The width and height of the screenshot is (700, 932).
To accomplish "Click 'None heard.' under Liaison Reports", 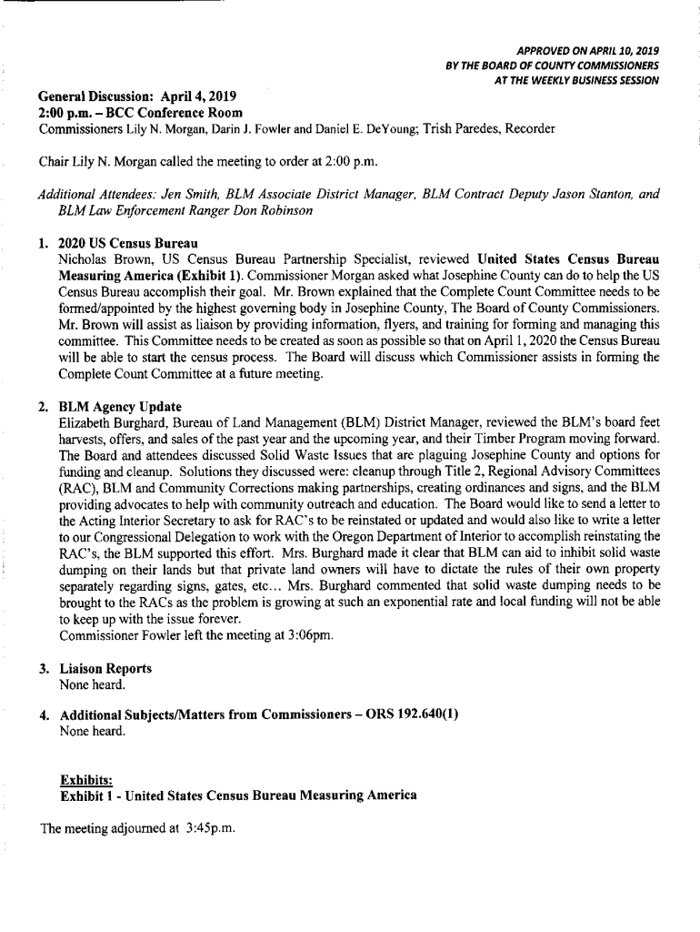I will coord(92,684).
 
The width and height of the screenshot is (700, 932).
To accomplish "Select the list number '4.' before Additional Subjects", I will coord(45,715).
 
